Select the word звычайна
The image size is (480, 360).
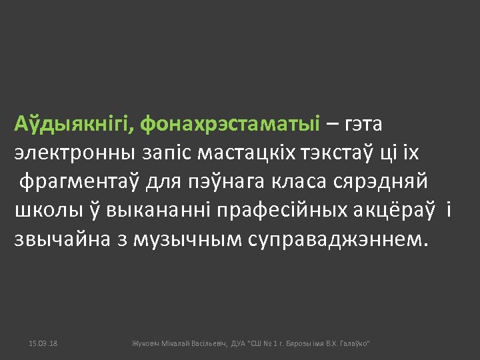(x=62, y=239)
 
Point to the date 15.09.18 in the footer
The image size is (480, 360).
(x=43, y=343)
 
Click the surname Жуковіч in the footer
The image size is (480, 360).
(x=146, y=343)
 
